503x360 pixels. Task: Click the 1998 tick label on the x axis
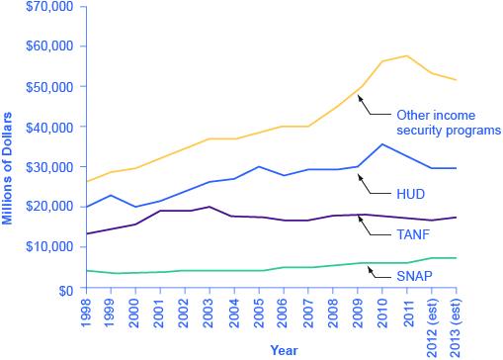87,310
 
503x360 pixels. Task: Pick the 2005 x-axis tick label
259,310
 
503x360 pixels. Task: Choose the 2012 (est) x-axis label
431,318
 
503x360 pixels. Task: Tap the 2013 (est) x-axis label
456,318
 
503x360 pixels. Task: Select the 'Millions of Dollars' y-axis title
9,148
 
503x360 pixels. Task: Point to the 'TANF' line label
413,233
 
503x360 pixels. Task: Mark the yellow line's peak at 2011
406,55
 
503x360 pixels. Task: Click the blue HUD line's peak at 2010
381,144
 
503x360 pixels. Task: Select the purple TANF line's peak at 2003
210,207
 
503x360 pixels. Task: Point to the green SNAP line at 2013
456,258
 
